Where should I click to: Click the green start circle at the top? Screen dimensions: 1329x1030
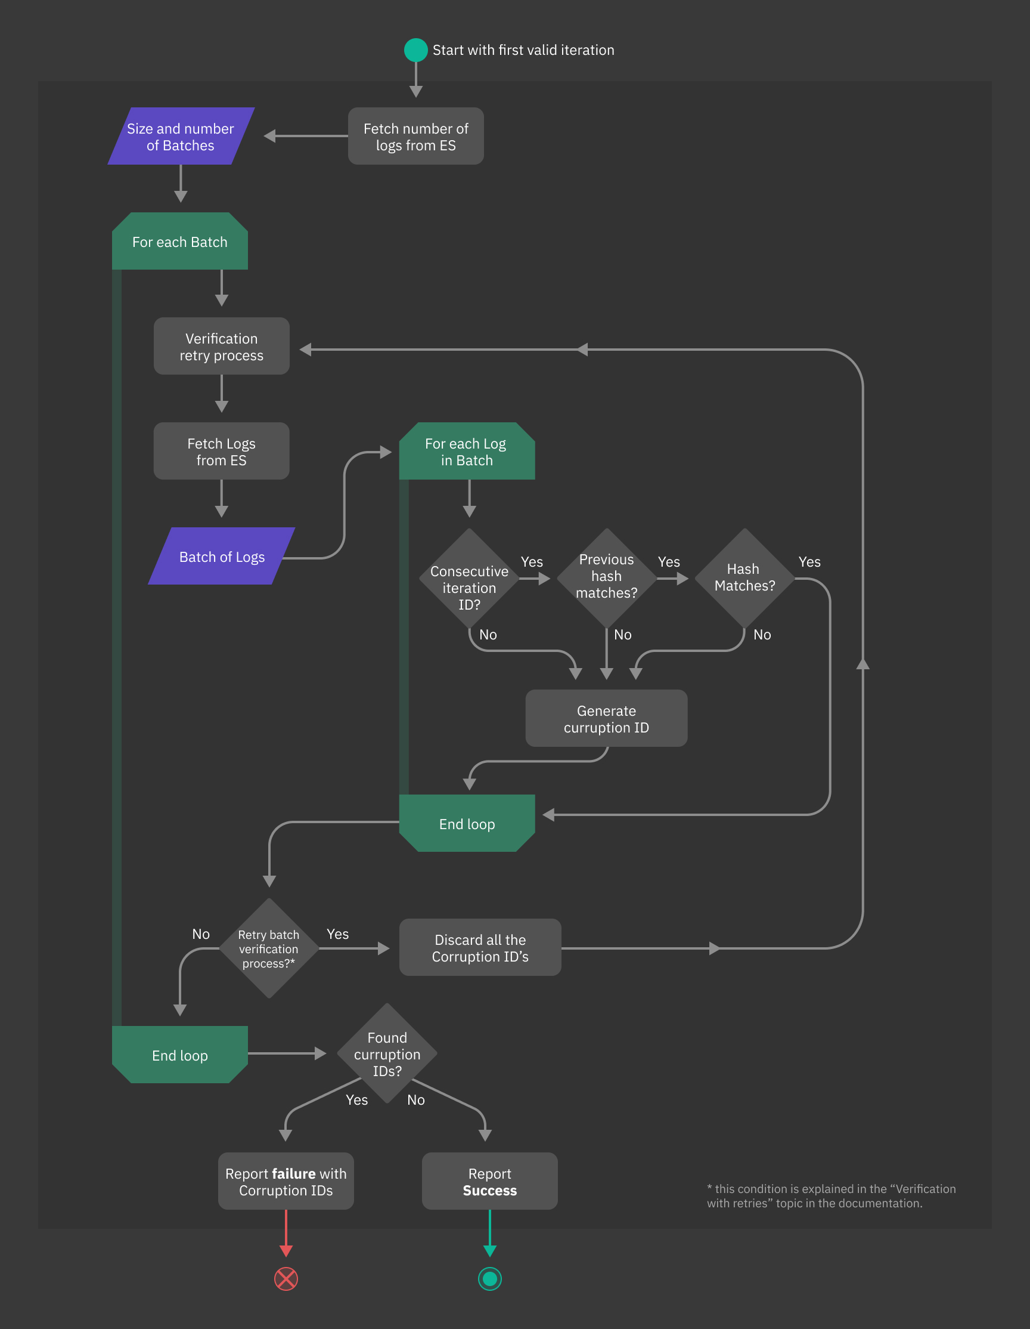click(x=416, y=50)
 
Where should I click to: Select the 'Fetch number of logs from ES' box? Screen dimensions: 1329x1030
click(x=416, y=137)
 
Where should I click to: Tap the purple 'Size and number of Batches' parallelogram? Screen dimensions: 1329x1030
click(x=181, y=137)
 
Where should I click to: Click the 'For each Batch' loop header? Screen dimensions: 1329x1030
click(x=180, y=242)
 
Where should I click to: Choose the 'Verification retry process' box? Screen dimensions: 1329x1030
click(x=221, y=346)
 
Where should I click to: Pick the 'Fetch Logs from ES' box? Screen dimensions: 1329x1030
click(x=221, y=452)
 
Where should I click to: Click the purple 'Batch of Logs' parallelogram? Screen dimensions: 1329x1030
click(x=222, y=556)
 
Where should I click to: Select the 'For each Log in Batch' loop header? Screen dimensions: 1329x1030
click(x=466, y=452)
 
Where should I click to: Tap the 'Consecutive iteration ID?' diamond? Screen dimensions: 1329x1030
click(x=469, y=579)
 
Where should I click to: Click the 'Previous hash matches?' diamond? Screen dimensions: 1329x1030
click(x=606, y=577)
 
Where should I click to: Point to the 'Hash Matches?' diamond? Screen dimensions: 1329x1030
click(x=744, y=577)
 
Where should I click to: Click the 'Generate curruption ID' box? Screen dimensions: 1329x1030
click(x=606, y=719)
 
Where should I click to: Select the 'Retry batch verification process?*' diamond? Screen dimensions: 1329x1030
click(x=269, y=948)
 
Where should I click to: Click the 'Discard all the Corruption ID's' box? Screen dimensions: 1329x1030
click(x=480, y=947)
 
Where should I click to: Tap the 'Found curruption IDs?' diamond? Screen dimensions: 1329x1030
click(x=387, y=1053)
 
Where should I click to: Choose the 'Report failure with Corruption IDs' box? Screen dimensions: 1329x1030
click(x=286, y=1181)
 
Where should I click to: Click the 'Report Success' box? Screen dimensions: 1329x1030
click(x=489, y=1181)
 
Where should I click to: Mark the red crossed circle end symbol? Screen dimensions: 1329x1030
click(x=286, y=1278)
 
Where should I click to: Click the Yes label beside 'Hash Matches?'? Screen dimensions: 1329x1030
click(x=809, y=562)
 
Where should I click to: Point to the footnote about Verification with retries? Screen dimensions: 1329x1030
click(x=830, y=1195)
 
